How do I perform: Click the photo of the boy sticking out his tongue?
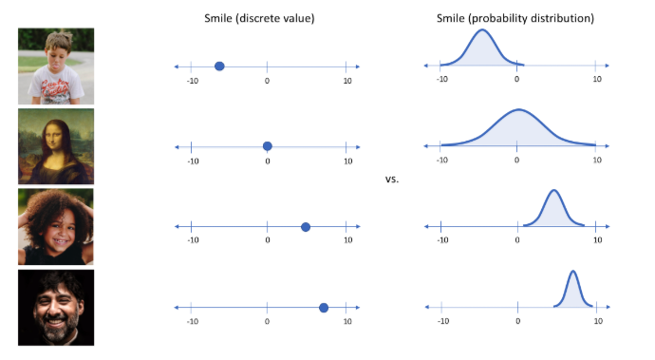click(56, 66)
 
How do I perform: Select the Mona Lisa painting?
click(56, 146)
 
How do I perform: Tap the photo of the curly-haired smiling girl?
click(56, 227)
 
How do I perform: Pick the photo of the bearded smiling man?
click(56, 308)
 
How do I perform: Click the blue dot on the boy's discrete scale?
click(219, 66)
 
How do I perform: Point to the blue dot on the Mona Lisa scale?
click(268, 146)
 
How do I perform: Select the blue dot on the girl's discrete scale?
click(306, 227)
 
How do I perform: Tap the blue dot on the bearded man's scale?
click(324, 308)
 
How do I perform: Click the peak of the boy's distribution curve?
click(482, 29)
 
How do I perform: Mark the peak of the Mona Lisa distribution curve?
click(518, 109)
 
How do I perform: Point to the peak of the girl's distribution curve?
click(554, 190)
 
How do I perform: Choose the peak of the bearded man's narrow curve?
click(572, 272)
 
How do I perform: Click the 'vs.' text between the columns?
click(392, 179)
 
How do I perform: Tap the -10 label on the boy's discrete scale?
click(193, 81)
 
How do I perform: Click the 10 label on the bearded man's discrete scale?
click(347, 321)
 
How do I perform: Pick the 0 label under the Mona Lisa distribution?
click(516, 160)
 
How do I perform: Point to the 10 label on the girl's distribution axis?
click(598, 240)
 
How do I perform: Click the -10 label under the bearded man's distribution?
click(443, 321)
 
